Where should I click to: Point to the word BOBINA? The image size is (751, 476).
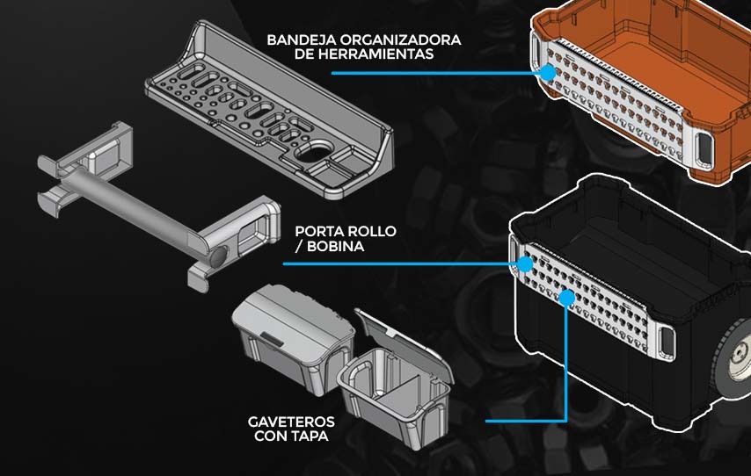[x=336, y=247]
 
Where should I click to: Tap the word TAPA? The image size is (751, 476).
[x=310, y=436]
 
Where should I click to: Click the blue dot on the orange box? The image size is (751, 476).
[x=548, y=73]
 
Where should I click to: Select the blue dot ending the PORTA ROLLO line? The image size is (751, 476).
[x=525, y=263]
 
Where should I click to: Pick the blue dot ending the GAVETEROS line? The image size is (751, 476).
[x=566, y=298]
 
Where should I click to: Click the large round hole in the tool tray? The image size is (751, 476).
[x=313, y=152]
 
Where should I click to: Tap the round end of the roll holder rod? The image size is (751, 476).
[x=218, y=256]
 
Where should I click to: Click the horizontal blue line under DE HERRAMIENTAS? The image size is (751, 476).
[x=436, y=73]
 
